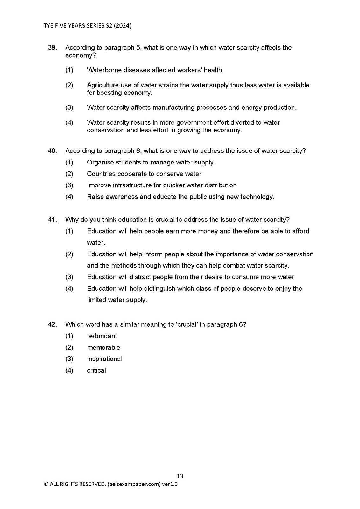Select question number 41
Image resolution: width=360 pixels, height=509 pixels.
click(x=52, y=220)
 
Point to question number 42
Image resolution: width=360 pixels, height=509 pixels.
click(x=52, y=324)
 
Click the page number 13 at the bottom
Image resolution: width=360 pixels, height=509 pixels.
click(x=180, y=476)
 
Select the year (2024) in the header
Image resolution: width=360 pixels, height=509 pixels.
click(x=123, y=26)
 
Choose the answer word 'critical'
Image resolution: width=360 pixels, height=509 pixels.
click(x=96, y=370)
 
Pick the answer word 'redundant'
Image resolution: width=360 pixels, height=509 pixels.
click(x=102, y=336)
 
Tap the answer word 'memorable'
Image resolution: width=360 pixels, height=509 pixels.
click(x=103, y=347)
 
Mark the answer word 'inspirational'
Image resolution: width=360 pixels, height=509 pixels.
click(x=105, y=359)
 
